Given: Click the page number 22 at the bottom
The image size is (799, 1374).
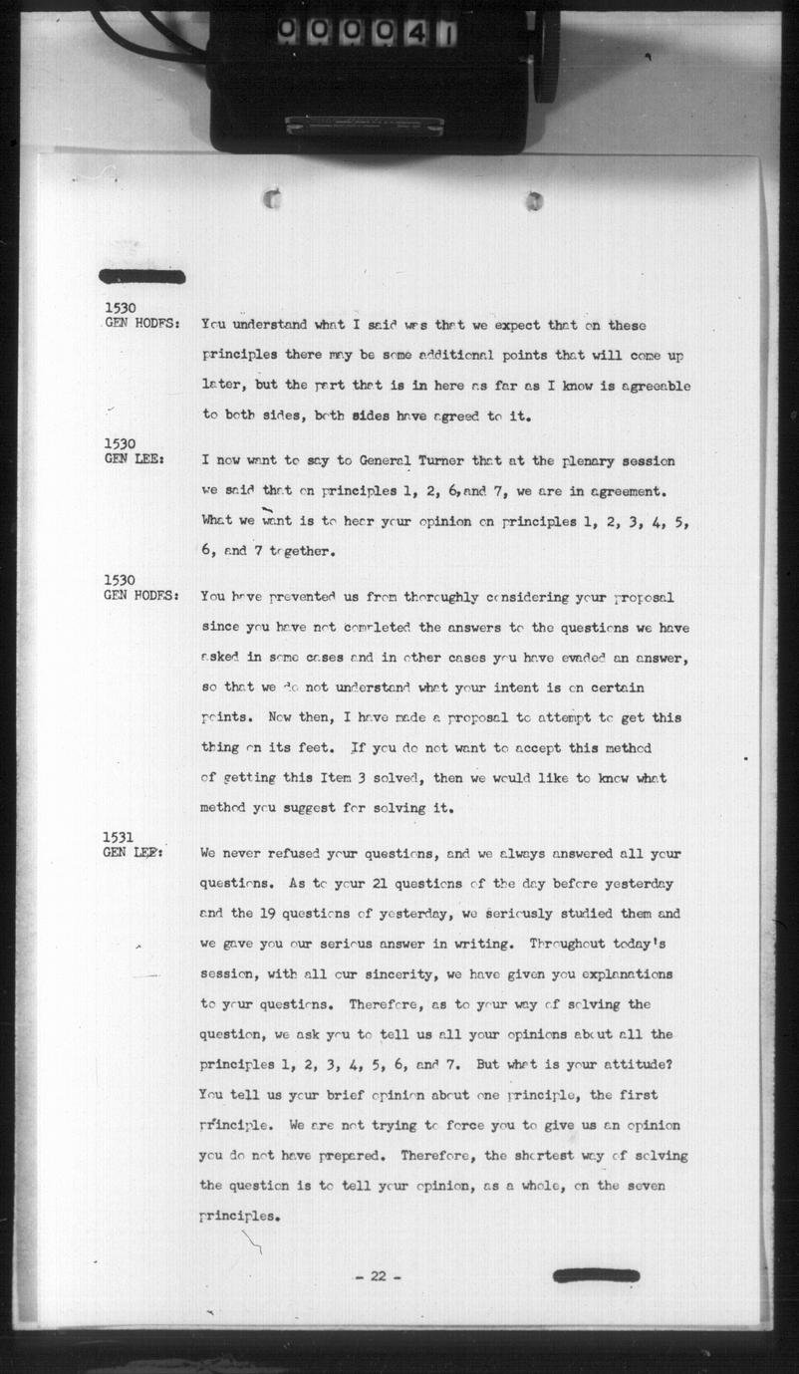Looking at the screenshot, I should click(379, 1276).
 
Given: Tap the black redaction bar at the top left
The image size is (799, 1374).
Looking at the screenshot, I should click(142, 276).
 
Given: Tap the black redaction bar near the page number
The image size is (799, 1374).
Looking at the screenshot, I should click(596, 1275).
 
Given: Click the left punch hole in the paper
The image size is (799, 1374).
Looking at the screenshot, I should click(272, 199).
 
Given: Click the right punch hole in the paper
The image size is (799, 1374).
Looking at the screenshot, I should click(535, 200).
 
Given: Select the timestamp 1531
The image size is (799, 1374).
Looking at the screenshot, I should click(119, 837).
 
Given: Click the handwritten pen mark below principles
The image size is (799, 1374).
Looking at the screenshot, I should click(253, 1240).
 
